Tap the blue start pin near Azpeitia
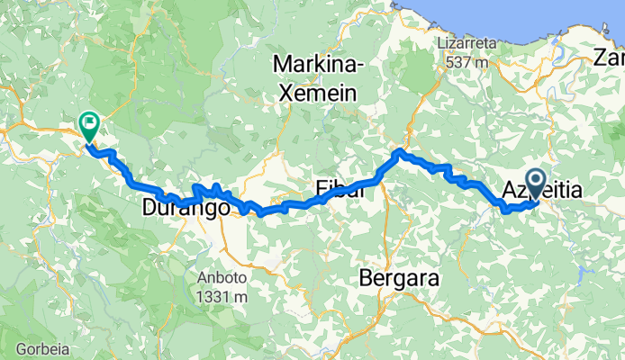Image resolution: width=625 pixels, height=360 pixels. coord(537,184)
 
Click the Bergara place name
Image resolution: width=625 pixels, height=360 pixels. coord(399,278)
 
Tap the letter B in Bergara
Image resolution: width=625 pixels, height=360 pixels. coord(366,278)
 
